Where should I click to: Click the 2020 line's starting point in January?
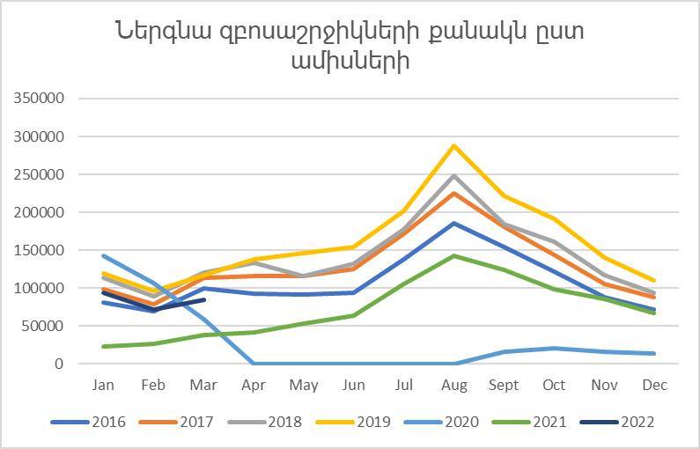(x=105, y=255)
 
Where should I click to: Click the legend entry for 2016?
(x=88, y=422)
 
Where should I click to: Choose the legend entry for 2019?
(x=354, y=422)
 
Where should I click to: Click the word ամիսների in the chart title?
(x=349, y=63)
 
